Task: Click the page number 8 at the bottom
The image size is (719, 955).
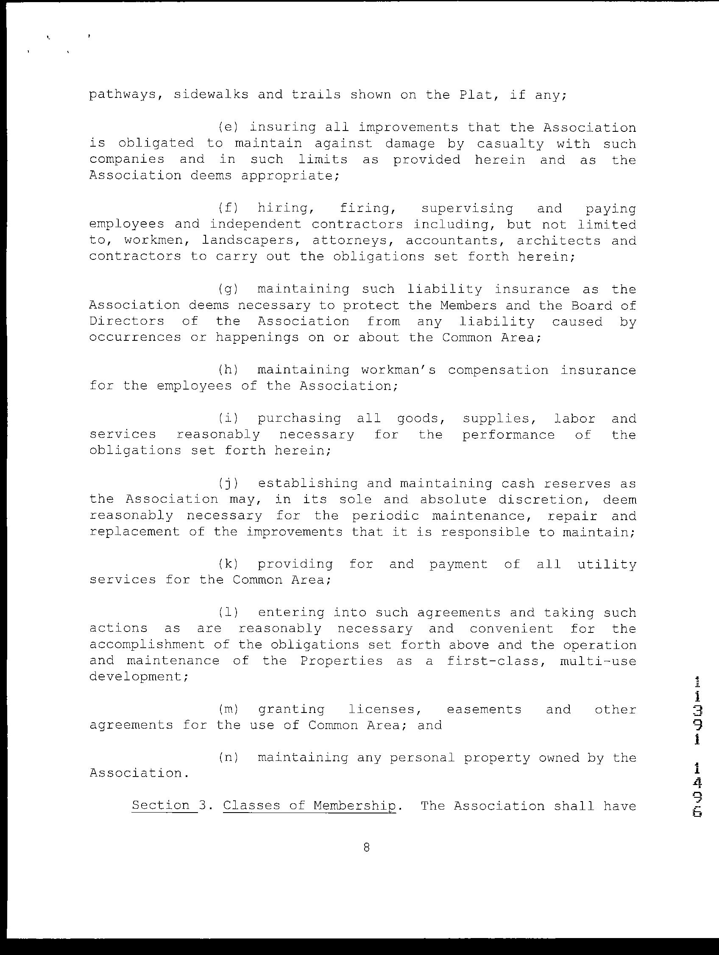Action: coord(366,847)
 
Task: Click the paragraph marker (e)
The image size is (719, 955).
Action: coord(227,127)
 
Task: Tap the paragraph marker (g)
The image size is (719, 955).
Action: coord(228,289)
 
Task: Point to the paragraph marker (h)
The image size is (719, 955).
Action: coord(228,370)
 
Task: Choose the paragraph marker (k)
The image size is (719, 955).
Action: coord(228,564)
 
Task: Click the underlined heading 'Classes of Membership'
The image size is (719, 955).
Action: coord(309,806)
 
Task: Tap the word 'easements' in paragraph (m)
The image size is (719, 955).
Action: coord(484,709)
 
